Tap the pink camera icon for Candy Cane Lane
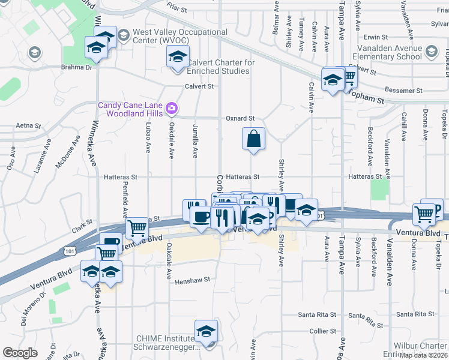pos(172,108)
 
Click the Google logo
pos(20,353)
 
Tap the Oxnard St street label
pos(240,118)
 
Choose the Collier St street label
pos(323,331)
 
